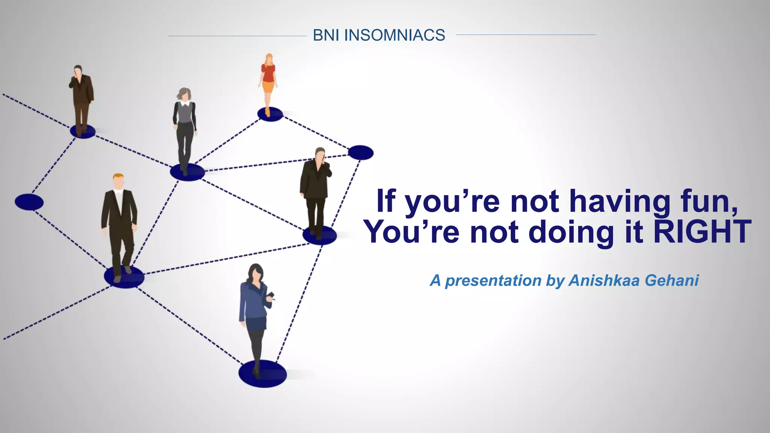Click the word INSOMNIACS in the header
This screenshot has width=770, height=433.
click(x=394, y=35)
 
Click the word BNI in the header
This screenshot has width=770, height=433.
click(x=326, y=35)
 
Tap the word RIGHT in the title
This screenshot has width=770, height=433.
click(x=702, y=232)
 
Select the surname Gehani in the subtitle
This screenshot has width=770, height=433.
click(x=672, y=280)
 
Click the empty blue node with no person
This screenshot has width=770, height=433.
click(x=361, y=153)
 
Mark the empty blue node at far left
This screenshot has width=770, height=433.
click(x=29, y=202)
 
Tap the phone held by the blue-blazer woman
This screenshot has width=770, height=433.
click(x=271, y=295)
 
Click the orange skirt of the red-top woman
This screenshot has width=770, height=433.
click(x=268, y=87)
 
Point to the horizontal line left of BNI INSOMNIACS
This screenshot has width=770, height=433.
click(x=237, y=36)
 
